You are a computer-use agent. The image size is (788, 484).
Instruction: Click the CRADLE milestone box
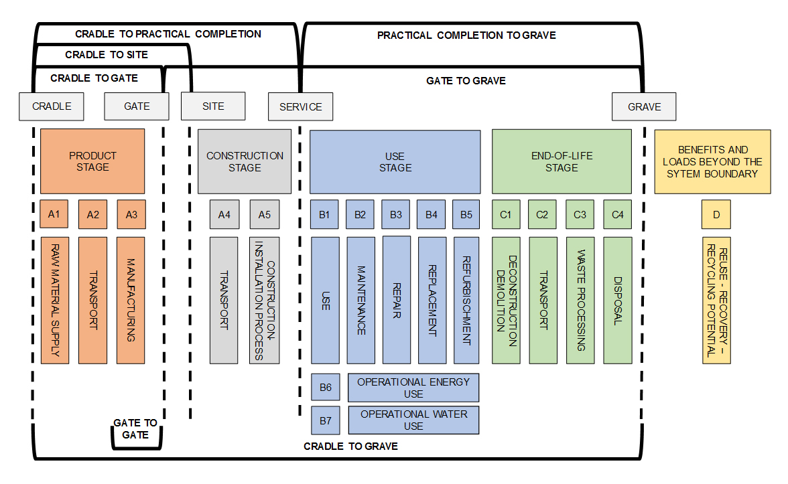[52, 106]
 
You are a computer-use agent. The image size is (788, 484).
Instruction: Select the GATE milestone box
[137, 106]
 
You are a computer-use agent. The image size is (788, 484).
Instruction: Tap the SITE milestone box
[213, 106]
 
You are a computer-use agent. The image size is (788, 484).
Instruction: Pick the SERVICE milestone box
[300, 107]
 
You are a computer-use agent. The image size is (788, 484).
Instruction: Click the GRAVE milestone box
[644, 107]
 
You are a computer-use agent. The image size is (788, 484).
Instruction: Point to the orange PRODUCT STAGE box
[92, 161]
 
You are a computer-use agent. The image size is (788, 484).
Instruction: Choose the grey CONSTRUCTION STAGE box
[245, 161]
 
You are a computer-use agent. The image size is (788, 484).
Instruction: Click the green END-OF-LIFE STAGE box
[562, 161]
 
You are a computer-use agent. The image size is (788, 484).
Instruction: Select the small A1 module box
[54, 214]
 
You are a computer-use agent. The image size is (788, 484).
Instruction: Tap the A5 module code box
[265, 215]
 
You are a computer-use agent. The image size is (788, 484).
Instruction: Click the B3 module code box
[396, 215]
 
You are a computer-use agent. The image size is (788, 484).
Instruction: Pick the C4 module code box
[617, 215]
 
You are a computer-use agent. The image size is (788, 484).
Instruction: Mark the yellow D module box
[716, 215]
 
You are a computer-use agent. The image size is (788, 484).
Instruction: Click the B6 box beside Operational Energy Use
[326, 387]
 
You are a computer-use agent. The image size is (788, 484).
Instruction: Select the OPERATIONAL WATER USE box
[413, 420]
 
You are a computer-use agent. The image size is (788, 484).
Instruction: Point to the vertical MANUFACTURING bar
[131, 300]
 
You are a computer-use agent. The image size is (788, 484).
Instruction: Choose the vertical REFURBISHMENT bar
[466, 300]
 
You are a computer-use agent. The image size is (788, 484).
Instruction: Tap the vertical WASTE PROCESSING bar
[580, 300]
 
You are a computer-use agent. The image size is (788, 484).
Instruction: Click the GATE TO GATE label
[135, 428]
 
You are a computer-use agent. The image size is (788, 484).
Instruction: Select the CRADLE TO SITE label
[107, 55]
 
